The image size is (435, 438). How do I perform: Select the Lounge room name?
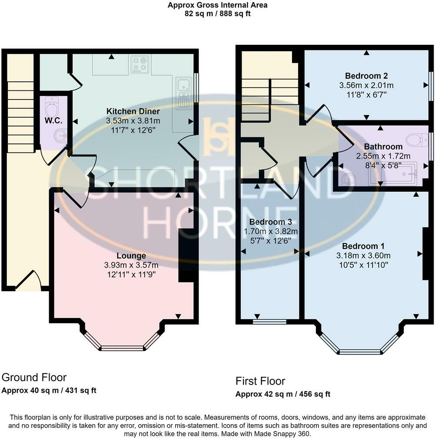(131, 255)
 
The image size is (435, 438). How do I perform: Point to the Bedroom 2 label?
(366, 75)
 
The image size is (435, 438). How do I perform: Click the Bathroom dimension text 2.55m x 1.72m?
(383, 156)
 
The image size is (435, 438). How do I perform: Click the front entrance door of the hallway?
(29, 282)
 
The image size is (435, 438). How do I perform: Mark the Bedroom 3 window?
(269, 322)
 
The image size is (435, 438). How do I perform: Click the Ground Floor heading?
(34, 377)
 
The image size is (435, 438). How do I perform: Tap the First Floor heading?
(260, 381)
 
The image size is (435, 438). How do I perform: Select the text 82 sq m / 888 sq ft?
(217, 13)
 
